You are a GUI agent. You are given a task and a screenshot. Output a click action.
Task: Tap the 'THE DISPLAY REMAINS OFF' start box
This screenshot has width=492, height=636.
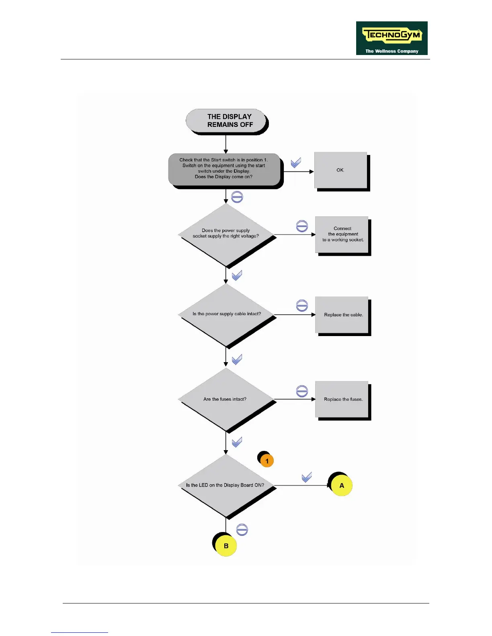coord(227,121)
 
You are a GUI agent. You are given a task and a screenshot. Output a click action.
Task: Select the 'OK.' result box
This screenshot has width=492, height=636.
coord(341,170)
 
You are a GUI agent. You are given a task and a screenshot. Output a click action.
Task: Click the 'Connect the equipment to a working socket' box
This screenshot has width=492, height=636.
coord(342,234)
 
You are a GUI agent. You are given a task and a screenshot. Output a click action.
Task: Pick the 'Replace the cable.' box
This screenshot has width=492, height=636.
coord(342,315)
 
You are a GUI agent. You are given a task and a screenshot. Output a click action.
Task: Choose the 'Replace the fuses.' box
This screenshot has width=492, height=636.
coord(342,399)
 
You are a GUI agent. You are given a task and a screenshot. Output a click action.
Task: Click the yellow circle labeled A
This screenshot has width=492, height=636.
coord(341,485)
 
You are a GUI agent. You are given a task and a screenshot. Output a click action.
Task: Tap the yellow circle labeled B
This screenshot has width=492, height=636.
coord(226,546)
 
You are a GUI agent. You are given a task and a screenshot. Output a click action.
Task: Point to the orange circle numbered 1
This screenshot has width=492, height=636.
coord(267,461)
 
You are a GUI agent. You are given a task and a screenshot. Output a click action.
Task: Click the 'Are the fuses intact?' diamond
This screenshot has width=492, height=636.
coord(226,399)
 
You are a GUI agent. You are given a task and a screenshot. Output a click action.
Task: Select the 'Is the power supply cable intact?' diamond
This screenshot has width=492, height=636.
coord(226,314)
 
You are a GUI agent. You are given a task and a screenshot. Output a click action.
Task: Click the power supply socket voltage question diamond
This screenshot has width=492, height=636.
coord(226,234)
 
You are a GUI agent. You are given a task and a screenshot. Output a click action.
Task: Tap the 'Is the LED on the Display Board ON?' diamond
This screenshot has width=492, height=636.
coord(226,485)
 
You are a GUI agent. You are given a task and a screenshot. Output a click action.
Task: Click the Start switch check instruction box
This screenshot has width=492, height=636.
coord(224,169)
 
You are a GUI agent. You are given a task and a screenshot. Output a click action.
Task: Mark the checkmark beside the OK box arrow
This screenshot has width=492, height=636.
coord(296,162)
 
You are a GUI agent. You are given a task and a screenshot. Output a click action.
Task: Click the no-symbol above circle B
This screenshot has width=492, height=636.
coord(242,530)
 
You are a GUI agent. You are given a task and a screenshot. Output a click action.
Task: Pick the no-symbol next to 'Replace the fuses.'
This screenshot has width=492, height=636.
coord(302,391)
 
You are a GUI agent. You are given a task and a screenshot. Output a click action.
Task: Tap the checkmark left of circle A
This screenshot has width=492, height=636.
coord(307,477)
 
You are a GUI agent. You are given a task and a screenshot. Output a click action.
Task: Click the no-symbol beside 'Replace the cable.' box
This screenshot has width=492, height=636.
coord(302,306)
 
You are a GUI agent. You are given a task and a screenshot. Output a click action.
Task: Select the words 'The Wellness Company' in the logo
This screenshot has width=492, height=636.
coord(392,51)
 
